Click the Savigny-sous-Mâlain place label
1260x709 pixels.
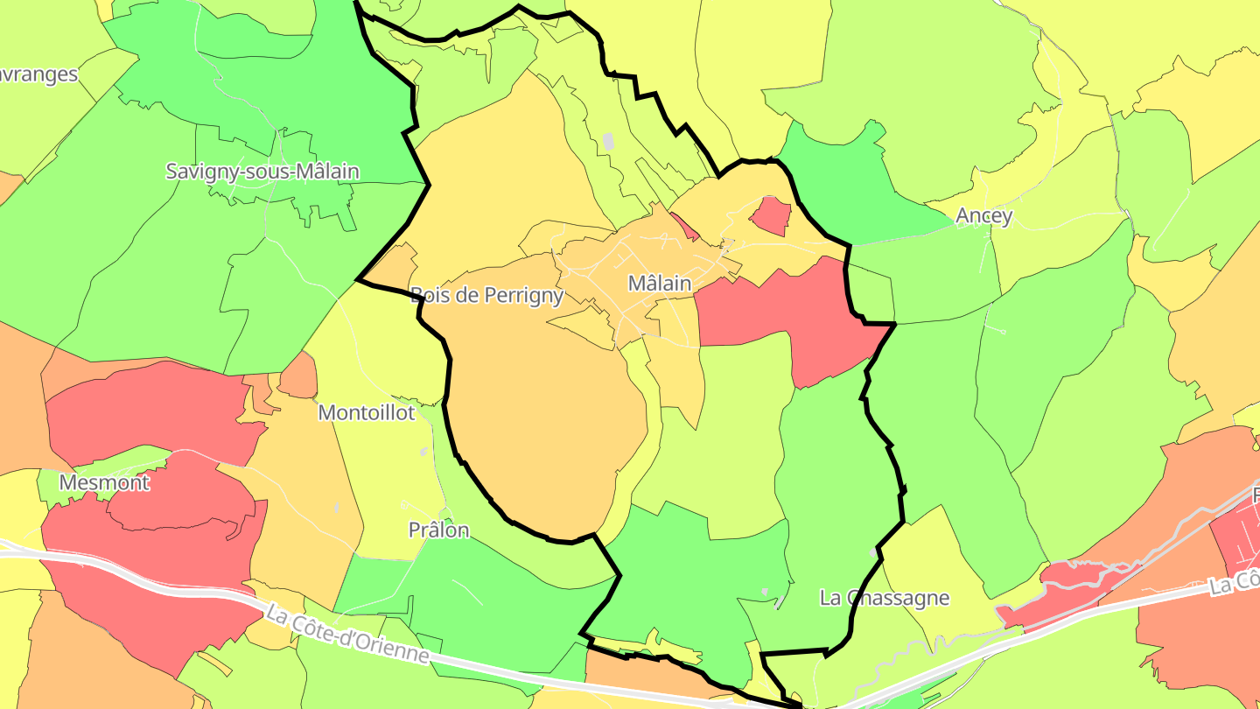[262, 172]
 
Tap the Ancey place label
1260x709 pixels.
[984, 216]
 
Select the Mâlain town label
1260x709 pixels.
[660, 284]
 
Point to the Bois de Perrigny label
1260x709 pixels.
[486, 296]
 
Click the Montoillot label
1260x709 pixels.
[367, 413]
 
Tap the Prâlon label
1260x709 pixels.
[439, 530]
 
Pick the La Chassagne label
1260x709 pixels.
[885, 599]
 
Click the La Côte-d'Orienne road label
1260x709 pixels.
[348, 635]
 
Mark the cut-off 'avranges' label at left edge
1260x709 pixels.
[39, 75]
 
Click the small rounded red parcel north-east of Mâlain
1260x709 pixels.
[771, 215]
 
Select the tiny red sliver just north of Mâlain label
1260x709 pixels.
[684, 227]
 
